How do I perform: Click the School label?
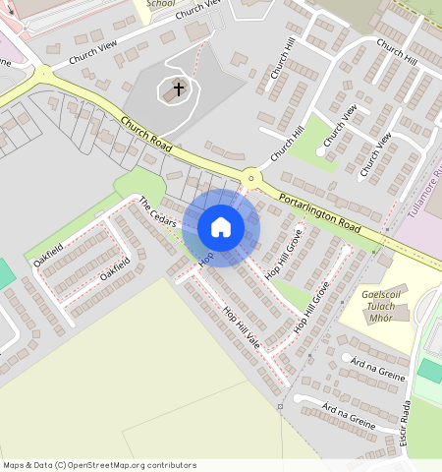point(160,4)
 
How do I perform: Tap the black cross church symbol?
point(179,89)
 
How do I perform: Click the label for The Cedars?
point(157,212)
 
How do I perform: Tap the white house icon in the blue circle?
point(221,227)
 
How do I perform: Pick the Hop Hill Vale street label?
point(241,328)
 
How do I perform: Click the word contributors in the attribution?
point(168,465)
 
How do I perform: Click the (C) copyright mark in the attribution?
point(60,465)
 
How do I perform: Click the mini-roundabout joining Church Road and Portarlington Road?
point(252,179)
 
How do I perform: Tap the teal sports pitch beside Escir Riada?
point(430,371)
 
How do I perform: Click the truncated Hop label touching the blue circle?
point(206,258)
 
